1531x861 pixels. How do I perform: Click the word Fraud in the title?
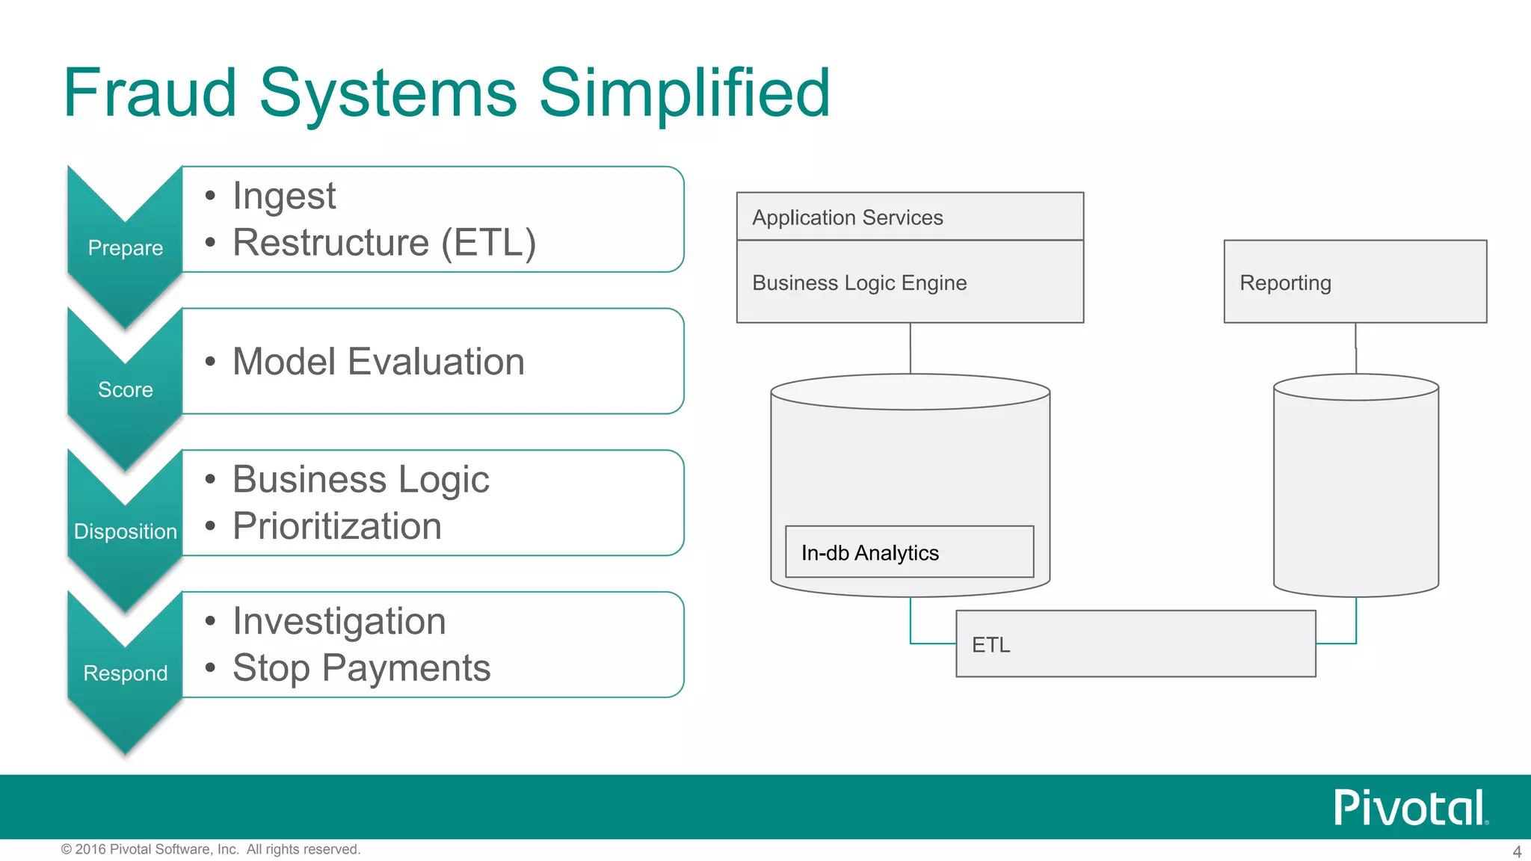(150, 93)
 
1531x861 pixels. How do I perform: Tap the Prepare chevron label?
(125, 247)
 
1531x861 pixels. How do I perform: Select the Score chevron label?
(125, 389)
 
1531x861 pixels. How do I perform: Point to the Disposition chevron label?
(125, 531)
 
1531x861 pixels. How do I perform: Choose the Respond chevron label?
(125, 673)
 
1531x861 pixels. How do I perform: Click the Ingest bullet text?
(284, 196)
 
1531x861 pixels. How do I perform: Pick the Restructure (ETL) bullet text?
(384, 243)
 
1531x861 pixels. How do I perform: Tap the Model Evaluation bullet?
(378, 362)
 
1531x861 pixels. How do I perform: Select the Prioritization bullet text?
(337, 526)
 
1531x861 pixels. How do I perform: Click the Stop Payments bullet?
(361, 667)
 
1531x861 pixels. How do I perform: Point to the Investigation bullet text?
(339, 621)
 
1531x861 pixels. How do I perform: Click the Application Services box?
(910, 217)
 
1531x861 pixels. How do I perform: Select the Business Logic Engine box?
(910, 283)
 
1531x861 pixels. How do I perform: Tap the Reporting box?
(1355, 282)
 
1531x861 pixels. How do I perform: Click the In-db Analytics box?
(909, 552)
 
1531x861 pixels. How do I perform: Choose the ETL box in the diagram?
(1136, 644)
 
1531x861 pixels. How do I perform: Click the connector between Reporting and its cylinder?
(1355, 348)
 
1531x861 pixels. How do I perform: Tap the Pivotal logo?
(1410, 808)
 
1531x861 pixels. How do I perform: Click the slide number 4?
(1517, 851)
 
